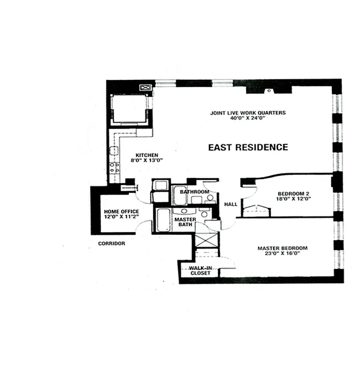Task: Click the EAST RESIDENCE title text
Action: pos(248,147)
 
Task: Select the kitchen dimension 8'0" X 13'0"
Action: pos(146,160)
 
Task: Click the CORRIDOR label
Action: pos(111,244)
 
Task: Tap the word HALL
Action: pos(231,204)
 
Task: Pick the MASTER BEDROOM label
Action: pos(282,248)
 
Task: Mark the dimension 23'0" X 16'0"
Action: pos(282,254)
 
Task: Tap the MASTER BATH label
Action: pos(185,222)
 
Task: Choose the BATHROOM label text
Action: pos(194,192)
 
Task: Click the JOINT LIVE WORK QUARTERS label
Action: pos(248,113)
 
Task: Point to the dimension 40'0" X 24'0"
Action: pos(248,118)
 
